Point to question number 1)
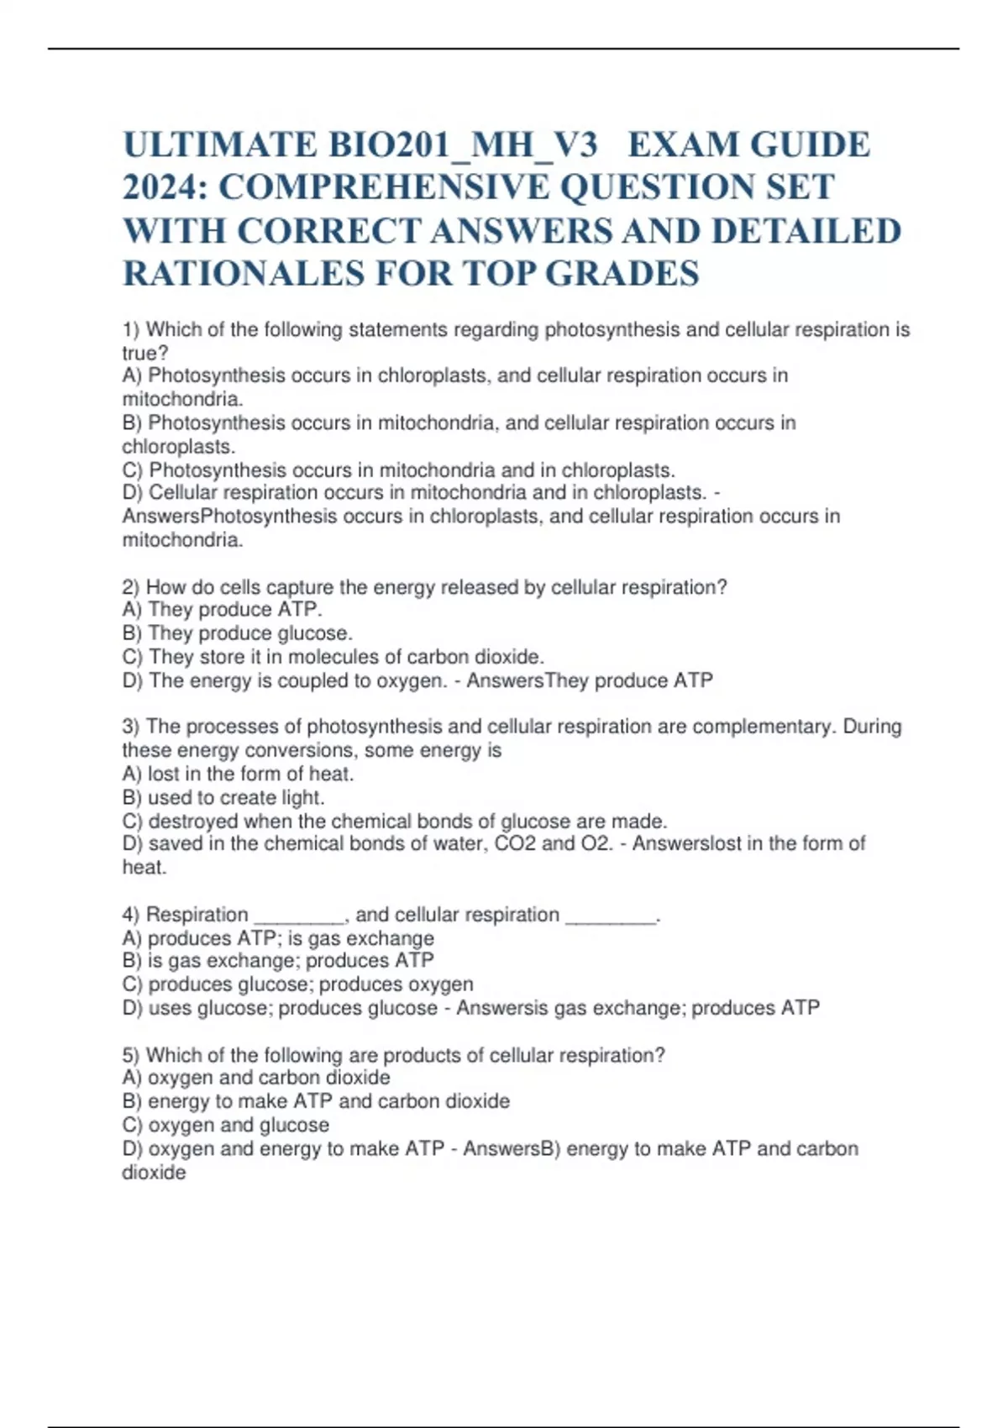[132, 330]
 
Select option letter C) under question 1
[133, 470]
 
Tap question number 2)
[132, 587]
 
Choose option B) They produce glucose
[237, 633]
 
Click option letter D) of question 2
[133, 680]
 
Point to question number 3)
[132, 727]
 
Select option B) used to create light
[223, 797]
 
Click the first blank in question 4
[299, 915]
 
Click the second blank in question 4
[611, 915]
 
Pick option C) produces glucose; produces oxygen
[297, 984]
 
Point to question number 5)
[132, 1055]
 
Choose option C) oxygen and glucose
[225, 1125]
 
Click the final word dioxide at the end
[154, 1173]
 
